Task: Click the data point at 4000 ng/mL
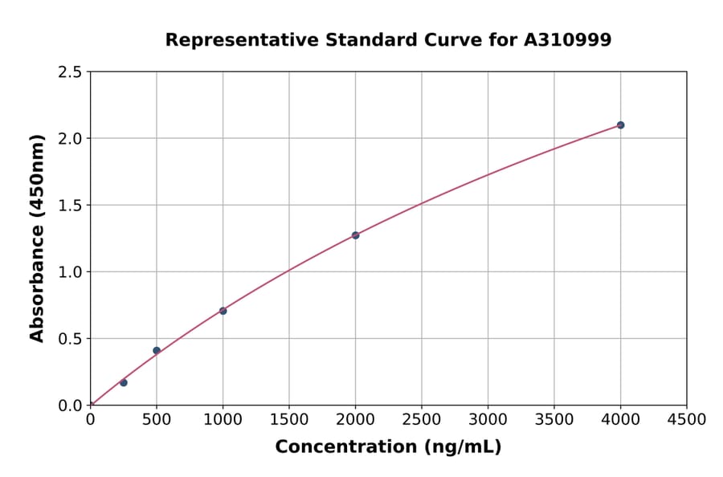pos(620,125)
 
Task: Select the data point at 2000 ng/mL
pos(355,235)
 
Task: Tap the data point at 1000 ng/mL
pos(223,311)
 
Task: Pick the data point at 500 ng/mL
pos(157,350)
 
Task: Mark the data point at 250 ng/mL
pos(124,382)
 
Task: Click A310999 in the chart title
pos(569,40)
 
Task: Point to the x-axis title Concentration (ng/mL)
pos(388,447)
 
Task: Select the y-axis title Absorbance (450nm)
pos(37,238)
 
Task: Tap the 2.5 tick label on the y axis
pos(70,72)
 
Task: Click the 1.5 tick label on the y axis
pos(70,206)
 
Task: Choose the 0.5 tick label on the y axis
pos(70,339)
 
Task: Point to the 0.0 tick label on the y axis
pos(70,406)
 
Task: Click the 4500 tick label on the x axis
pos(687,420)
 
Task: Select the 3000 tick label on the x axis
pos(488,420)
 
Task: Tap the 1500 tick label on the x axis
pos(289,420)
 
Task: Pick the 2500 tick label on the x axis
pos(422,420)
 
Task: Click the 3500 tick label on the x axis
pos(554,420)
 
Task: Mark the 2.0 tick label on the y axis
pos(70,139)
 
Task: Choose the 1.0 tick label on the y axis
pos(70,272)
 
